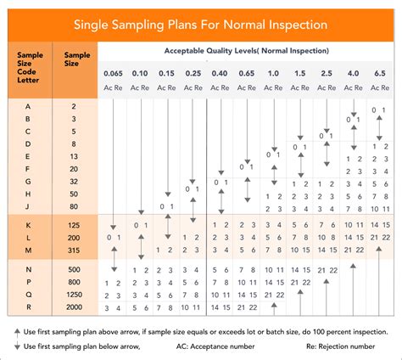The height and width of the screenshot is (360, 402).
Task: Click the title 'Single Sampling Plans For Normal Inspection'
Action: tap(200, 25)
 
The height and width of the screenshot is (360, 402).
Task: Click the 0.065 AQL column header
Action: tap(113, 74)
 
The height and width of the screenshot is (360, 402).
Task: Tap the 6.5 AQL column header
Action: tap(378, 74)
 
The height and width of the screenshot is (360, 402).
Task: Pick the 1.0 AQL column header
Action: tap(272, 74)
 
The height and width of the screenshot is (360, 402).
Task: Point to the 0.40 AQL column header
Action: tap(220, 74)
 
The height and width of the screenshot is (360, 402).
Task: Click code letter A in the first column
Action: tap(29, 107)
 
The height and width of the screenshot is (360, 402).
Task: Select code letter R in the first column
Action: tap(29, 307)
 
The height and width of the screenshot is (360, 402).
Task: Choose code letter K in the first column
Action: tap(29, 224)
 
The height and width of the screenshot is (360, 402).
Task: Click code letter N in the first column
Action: tap(29, 269)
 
